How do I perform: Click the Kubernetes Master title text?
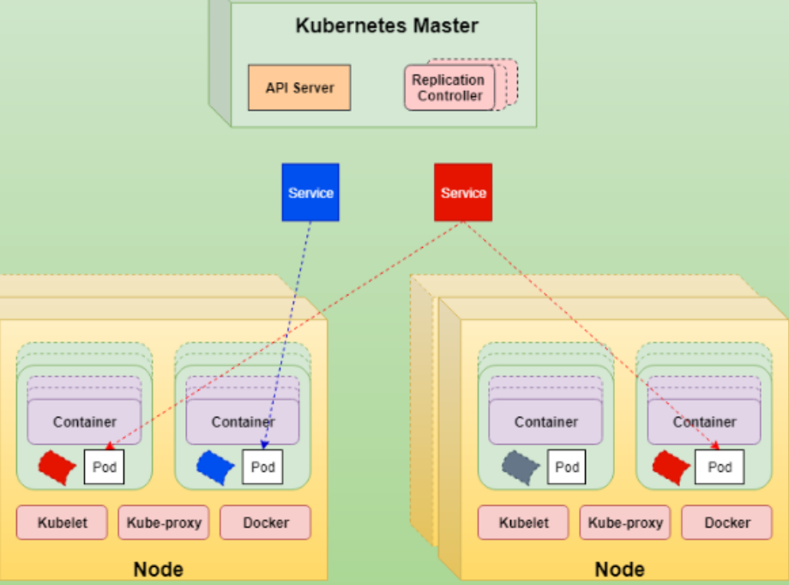tap(387, 25)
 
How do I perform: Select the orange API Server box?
tap(299, 87)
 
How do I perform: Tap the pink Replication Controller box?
tap(449, 87)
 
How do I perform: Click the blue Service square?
tap(310, 192)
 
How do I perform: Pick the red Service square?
tap(463, 192)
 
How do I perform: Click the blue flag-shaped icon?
tap(215, 466)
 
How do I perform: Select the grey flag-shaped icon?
tap(521, 467)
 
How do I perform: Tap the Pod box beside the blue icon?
tap(262, 467)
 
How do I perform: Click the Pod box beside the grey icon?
tap(567, 467)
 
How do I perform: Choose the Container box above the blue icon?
tap(243, 422)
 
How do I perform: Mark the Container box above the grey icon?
tap(545, 422)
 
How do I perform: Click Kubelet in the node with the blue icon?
tap(63, 522)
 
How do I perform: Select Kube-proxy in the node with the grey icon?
tap(625, 522)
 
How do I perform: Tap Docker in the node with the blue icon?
tap(266, 522)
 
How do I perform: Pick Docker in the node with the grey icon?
tap(726, 522)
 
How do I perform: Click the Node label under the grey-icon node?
tap(619, 570)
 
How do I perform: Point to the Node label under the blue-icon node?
tap(158, 570)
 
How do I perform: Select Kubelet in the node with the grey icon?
tap(522, 522)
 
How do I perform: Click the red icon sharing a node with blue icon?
tap(57, 466)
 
